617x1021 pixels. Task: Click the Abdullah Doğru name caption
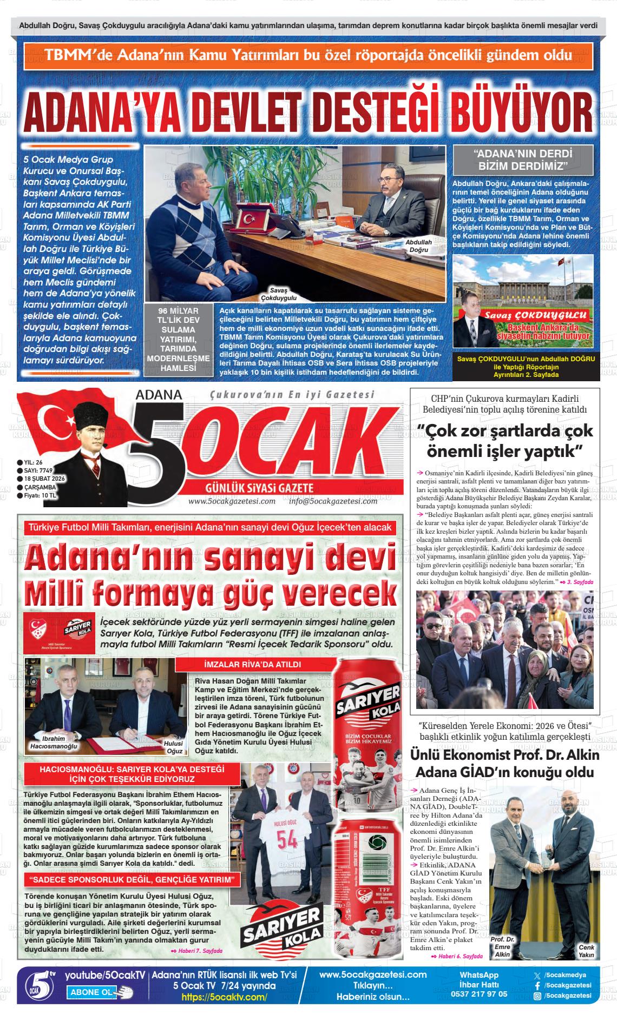tap(418, 246)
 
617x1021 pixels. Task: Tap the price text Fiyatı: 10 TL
tap(40, 495)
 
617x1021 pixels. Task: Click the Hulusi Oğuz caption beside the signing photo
tap(174, 747)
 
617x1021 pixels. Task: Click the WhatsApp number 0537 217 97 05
tap(479, 993)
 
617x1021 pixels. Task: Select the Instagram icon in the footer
tap(537, 996)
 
